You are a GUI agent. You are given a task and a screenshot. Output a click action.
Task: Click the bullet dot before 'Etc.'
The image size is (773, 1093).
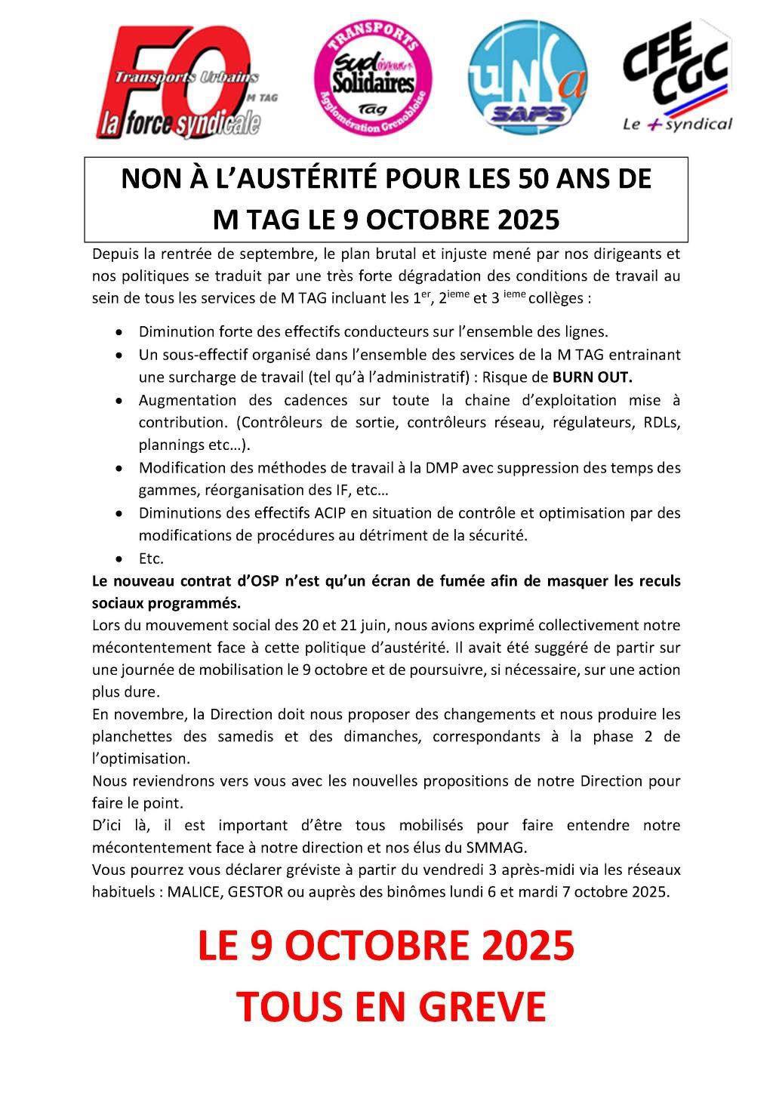(x=119, y=559)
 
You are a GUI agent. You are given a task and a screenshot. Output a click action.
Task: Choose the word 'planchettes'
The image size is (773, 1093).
(x=131, y=736)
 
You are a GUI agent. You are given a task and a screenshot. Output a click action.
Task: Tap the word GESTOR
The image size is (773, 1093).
(x=255, y=891)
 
